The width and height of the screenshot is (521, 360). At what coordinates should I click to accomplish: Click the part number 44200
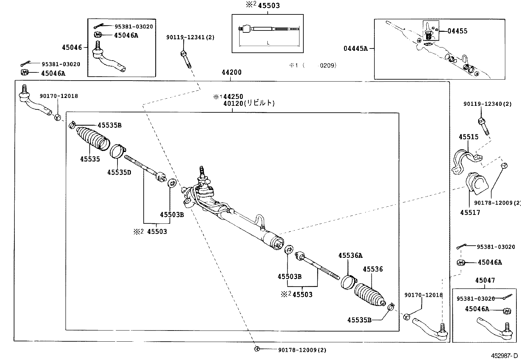click(231, 72)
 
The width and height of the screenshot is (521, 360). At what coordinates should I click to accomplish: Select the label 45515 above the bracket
click(468, 137)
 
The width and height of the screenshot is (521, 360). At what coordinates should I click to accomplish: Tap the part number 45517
click(470, 213)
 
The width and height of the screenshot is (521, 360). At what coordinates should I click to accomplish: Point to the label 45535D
click(119, 172)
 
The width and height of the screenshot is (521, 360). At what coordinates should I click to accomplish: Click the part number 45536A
click(350, 255)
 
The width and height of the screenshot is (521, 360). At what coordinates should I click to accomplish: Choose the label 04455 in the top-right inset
click(458, 31)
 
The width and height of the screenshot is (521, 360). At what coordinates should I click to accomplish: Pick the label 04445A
click(355, 48)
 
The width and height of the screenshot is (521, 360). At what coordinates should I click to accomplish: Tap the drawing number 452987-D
click(504, 355)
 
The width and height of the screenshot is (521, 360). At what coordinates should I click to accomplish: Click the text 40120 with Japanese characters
click(249, 103)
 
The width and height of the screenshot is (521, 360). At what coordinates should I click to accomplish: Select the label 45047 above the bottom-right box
click(485, 280)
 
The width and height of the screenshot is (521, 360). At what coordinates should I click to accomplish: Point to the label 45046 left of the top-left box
click(72, 47)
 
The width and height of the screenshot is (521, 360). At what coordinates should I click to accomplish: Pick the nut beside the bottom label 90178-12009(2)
click(257, 349)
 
